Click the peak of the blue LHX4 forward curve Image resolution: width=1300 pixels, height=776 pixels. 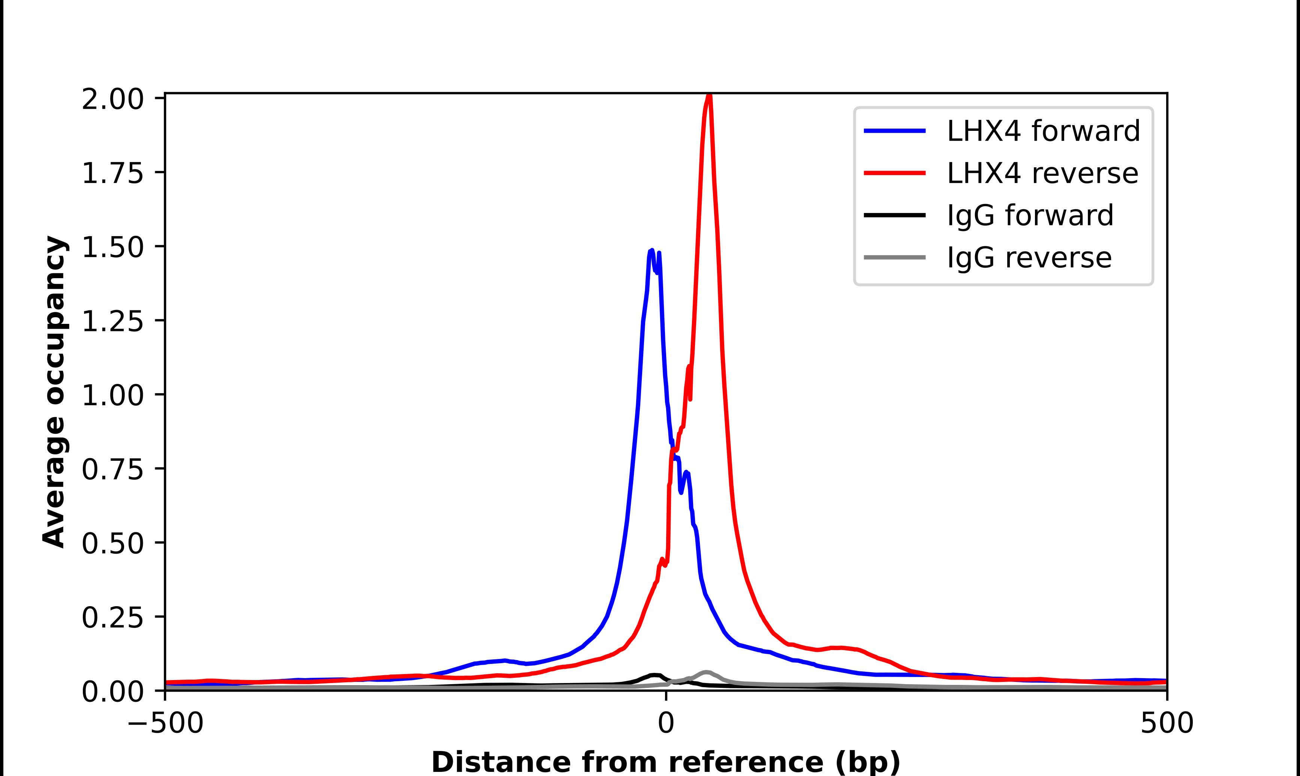pos(651,251)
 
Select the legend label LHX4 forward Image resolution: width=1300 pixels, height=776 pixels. pos(1043,131)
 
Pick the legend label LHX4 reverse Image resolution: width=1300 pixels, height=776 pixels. pos(1042,173)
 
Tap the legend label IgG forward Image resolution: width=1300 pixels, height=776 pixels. pos(1030,216)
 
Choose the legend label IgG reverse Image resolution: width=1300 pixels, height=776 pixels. pos(1029,258)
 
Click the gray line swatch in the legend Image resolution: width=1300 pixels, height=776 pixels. pos(894,257)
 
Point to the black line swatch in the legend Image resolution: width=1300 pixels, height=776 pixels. pos(894,215)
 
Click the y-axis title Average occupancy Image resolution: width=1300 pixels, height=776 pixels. pos(54,392)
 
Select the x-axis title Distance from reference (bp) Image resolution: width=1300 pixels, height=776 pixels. pos(665,761)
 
